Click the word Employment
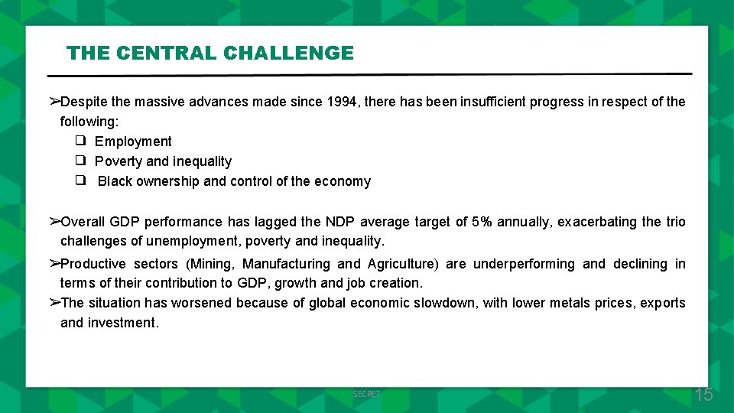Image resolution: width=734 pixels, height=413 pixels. (x=133, y=141)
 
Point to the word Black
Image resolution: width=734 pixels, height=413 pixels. (x=115, y=181)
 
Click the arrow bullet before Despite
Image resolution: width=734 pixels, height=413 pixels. (x=54, y=102)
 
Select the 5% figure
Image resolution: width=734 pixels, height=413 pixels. (x=482, y=222)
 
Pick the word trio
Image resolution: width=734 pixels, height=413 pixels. (x=675, y=222)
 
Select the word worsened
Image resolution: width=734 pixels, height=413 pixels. (x=201, y=303)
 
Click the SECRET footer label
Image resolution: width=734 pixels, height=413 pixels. (x=366, y=394)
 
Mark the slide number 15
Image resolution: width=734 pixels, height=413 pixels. (x=703, y=395)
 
